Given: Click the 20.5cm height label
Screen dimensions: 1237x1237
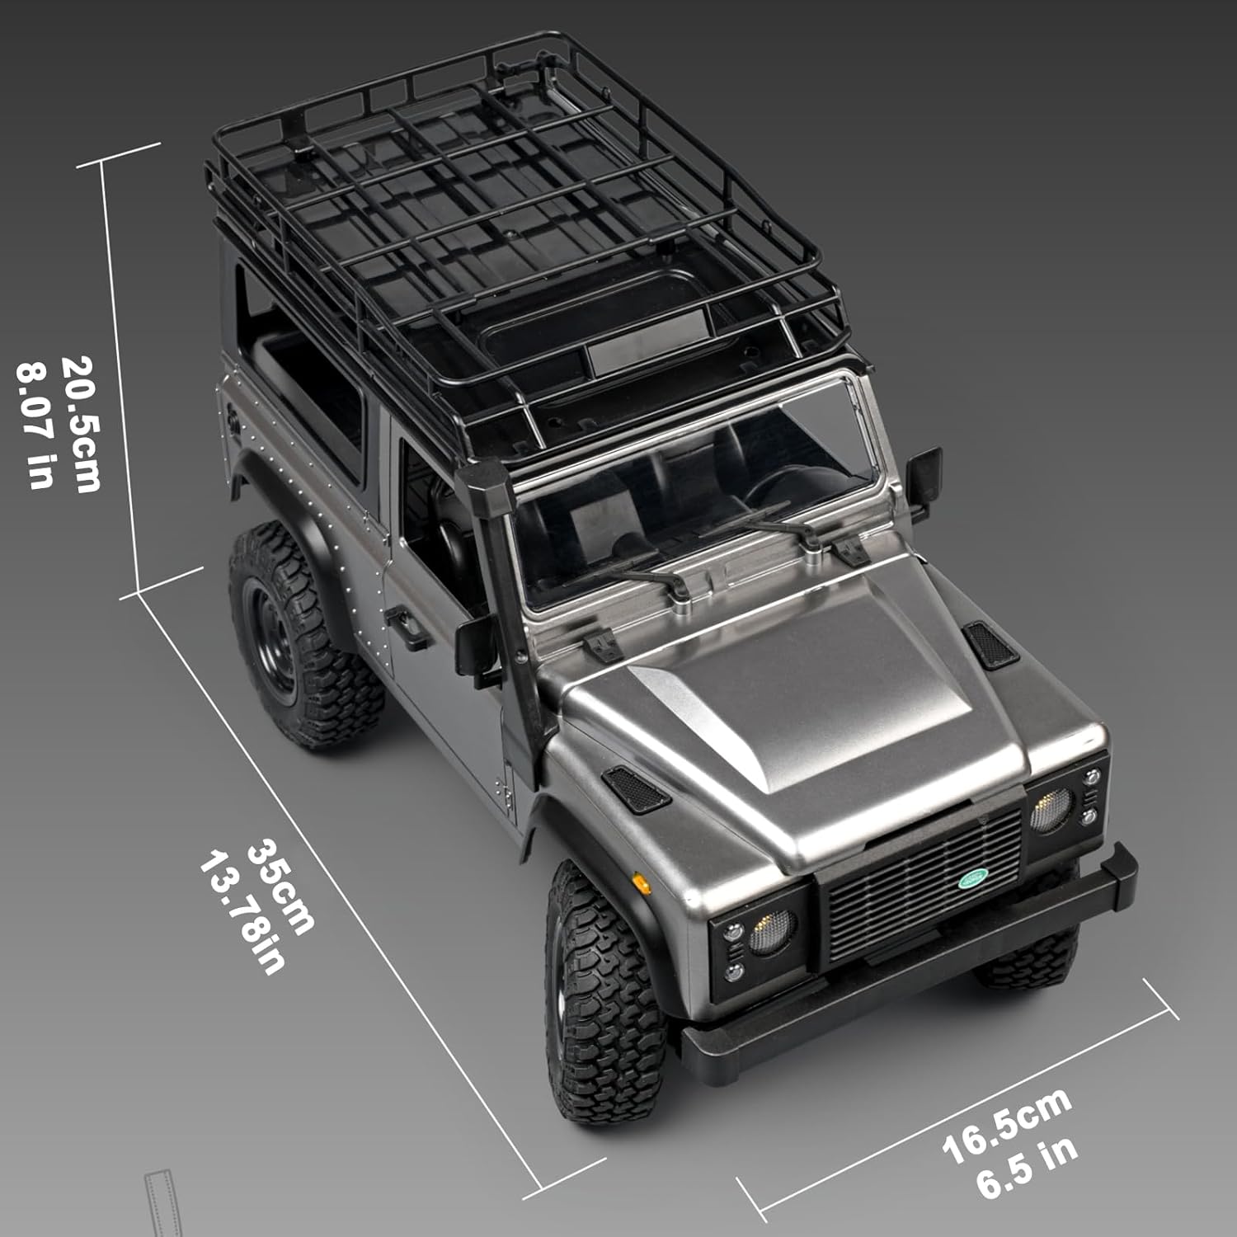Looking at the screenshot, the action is pyautogui.click(x=82, y=424).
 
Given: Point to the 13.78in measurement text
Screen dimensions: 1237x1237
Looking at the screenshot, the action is pyautogui.click(x=242, y=914).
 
